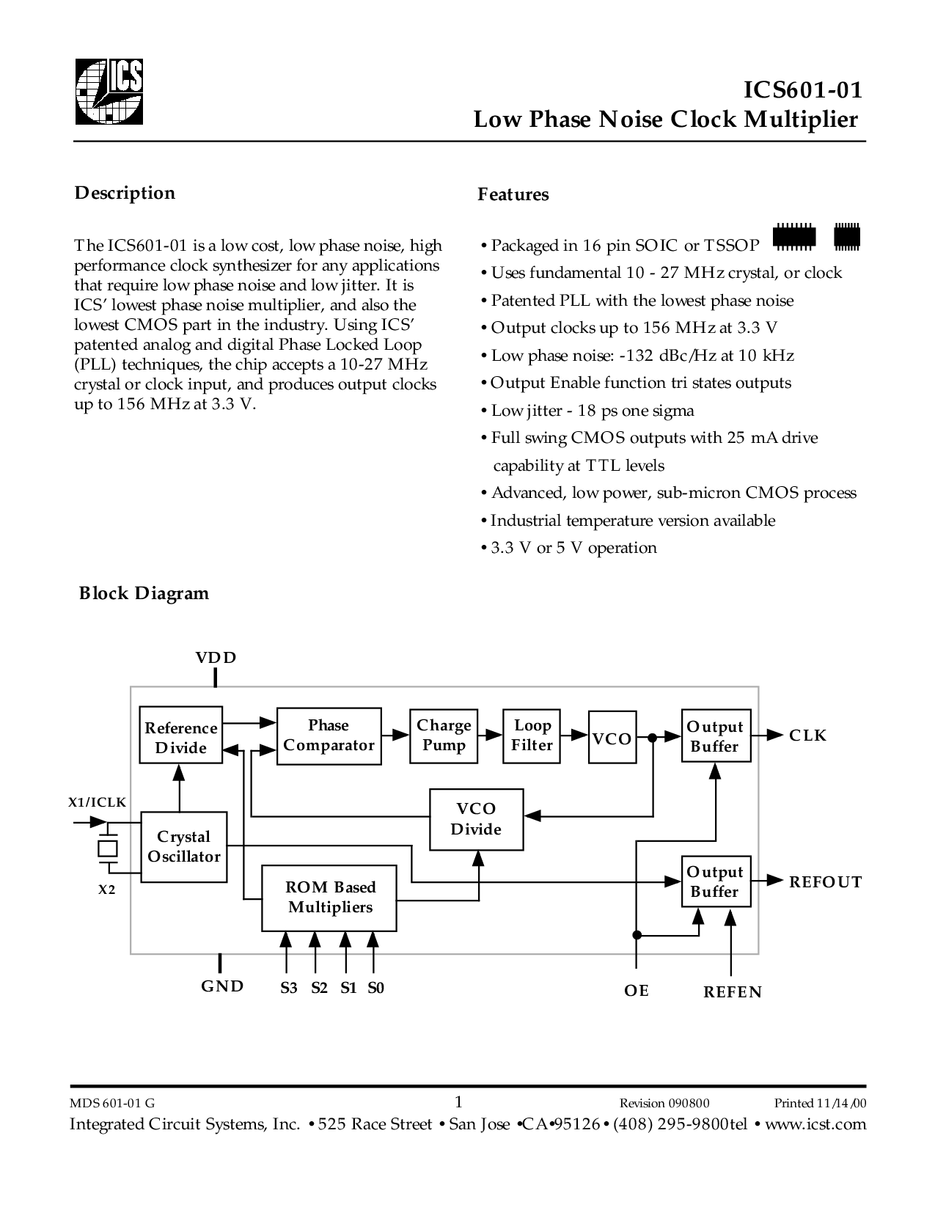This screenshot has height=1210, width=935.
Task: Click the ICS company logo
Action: (x=109, y=92)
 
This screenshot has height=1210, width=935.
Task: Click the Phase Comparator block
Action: (x=329, y=736)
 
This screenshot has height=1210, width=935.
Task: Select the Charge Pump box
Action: (x=444, y=736)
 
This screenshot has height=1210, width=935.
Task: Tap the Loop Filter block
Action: (x=532, y=736)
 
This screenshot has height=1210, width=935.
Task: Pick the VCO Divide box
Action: (x=477, y=819)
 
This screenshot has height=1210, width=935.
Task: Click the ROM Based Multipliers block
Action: (x=329, y=898)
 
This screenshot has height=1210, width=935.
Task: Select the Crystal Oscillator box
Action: (x=184, y=846)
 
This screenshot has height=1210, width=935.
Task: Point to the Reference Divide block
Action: (x=181, y=735)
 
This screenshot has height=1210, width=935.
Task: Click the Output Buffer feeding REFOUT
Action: (x=716, y=881)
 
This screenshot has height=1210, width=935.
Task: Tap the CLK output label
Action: (x=807, y=736)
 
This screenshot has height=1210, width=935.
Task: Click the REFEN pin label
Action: (x=733, y=992)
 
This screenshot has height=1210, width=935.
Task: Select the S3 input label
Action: (x=288, y=989)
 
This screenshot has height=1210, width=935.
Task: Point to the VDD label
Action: (x=216, y=658)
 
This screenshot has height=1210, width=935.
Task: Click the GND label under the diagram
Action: (x=222, y=986)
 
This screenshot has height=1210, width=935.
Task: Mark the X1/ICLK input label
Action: (x=97, y=802)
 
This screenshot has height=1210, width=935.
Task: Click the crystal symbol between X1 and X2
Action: (x=108, y=848)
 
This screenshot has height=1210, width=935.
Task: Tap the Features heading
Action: (x=513, y=194)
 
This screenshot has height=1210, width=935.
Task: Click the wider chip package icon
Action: (x=795, y=237)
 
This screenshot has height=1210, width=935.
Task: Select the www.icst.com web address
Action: (x=815, y=1124)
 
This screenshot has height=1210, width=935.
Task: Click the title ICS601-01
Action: (x=803, y=89)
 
